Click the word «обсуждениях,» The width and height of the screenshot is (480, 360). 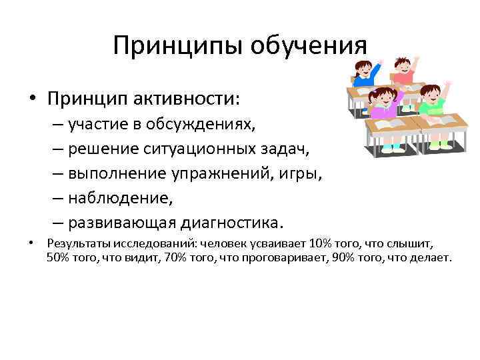(x=199, y=123)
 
